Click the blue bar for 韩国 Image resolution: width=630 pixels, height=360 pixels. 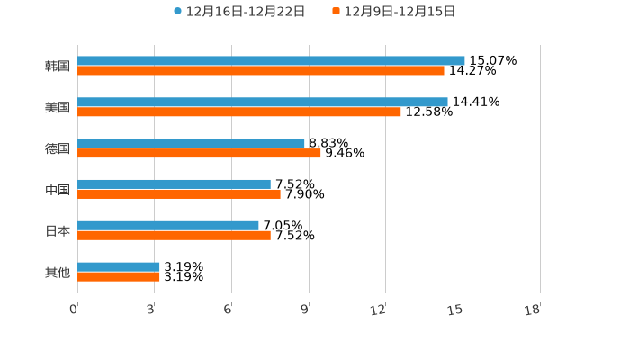(271, 61)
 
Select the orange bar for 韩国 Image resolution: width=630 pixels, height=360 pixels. (261, 71)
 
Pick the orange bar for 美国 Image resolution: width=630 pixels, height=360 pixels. (239, 112)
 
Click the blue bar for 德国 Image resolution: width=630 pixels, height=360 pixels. (191, 143)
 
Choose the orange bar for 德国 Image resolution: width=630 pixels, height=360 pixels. (199, 153)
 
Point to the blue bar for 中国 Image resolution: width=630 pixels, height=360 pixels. (174, 184)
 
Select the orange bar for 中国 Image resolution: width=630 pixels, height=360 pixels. (179, 194)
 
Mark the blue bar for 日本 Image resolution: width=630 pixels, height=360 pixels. (168, 226)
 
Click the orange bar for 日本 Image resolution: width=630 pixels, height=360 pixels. (174, 236)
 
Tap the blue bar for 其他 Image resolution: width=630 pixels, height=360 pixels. (119, 267)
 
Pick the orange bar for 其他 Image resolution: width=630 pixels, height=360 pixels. (119, 276)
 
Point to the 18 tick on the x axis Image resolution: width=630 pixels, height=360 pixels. (533, 310)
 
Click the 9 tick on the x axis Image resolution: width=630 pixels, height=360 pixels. (306, 310)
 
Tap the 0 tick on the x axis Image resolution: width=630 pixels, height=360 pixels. (75, 310)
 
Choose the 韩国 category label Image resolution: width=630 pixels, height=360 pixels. (58, 67)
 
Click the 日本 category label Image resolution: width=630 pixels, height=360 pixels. (58, 231)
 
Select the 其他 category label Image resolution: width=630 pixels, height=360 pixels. (58, 272)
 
